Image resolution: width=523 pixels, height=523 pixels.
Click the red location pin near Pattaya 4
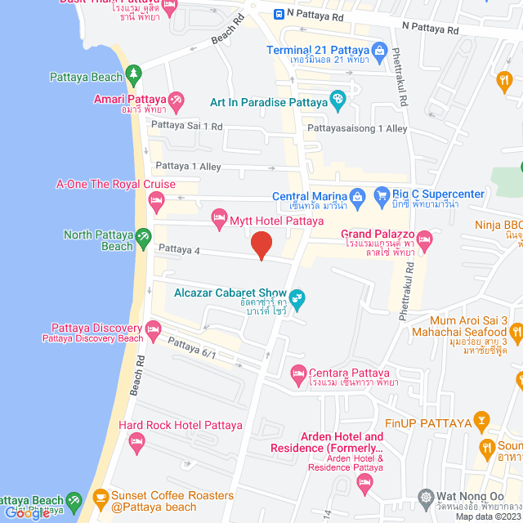(261, 244)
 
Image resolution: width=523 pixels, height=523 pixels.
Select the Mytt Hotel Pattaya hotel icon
(218, 217)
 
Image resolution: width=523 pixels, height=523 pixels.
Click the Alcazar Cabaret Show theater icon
(297, 298)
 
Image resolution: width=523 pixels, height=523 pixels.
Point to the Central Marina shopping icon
(357, 196)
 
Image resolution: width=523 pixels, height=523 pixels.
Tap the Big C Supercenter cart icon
(381, 196)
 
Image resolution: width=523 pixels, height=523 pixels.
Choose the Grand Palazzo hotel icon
(423, 239)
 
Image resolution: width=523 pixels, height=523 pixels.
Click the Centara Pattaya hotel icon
(297, 376)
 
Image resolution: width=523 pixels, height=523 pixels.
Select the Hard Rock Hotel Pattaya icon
(136, 442)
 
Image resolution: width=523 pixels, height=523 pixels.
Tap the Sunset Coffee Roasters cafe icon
(100, 496)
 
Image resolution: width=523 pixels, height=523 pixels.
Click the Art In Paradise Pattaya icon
(337, 101)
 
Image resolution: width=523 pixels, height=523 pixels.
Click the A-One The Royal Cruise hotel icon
(156, 200)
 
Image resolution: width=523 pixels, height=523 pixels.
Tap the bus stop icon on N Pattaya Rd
(279, 13)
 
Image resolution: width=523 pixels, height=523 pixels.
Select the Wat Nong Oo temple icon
(425, 496)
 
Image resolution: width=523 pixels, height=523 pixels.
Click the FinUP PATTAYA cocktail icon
(483, 422)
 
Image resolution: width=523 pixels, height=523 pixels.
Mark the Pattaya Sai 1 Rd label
(186, 126)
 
